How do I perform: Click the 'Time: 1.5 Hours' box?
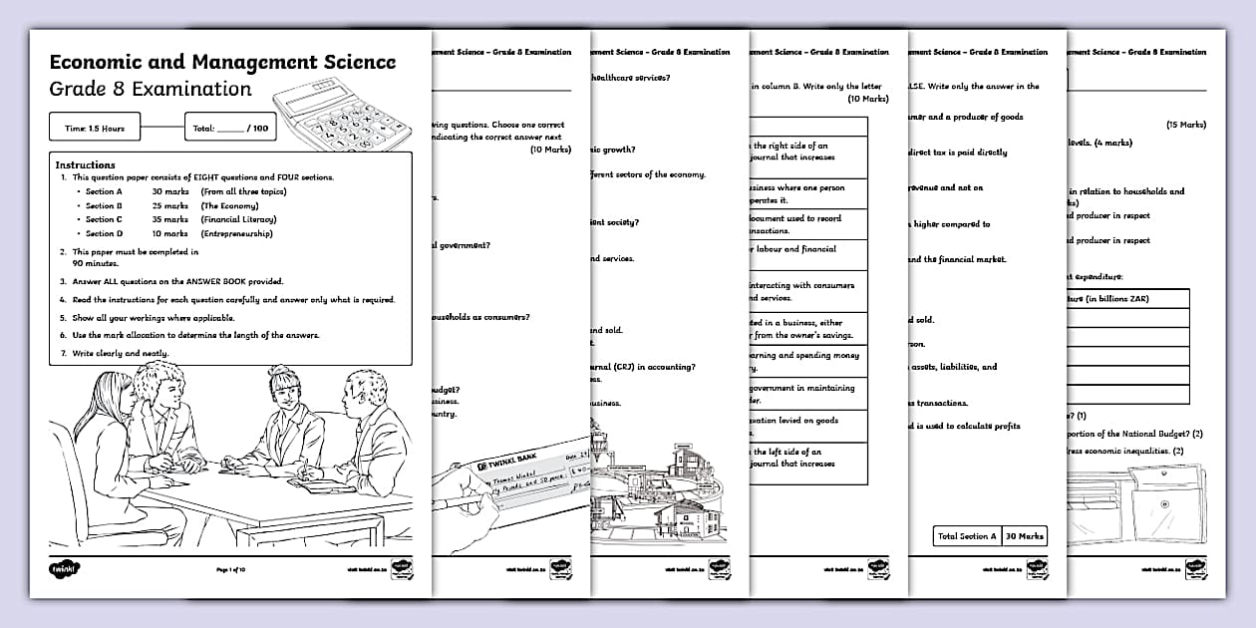pos(95,129)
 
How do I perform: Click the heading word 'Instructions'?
pos(85,164)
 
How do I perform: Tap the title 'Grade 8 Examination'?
pos(151,89)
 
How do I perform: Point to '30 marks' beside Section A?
pos(169,190)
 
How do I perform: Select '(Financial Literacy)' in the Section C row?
pos(238,219)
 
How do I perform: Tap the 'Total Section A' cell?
pos(966,536)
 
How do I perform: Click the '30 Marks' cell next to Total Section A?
pos(1025,536)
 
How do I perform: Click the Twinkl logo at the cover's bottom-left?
pos(63,569)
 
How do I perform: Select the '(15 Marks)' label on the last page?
pos(1185,126)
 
